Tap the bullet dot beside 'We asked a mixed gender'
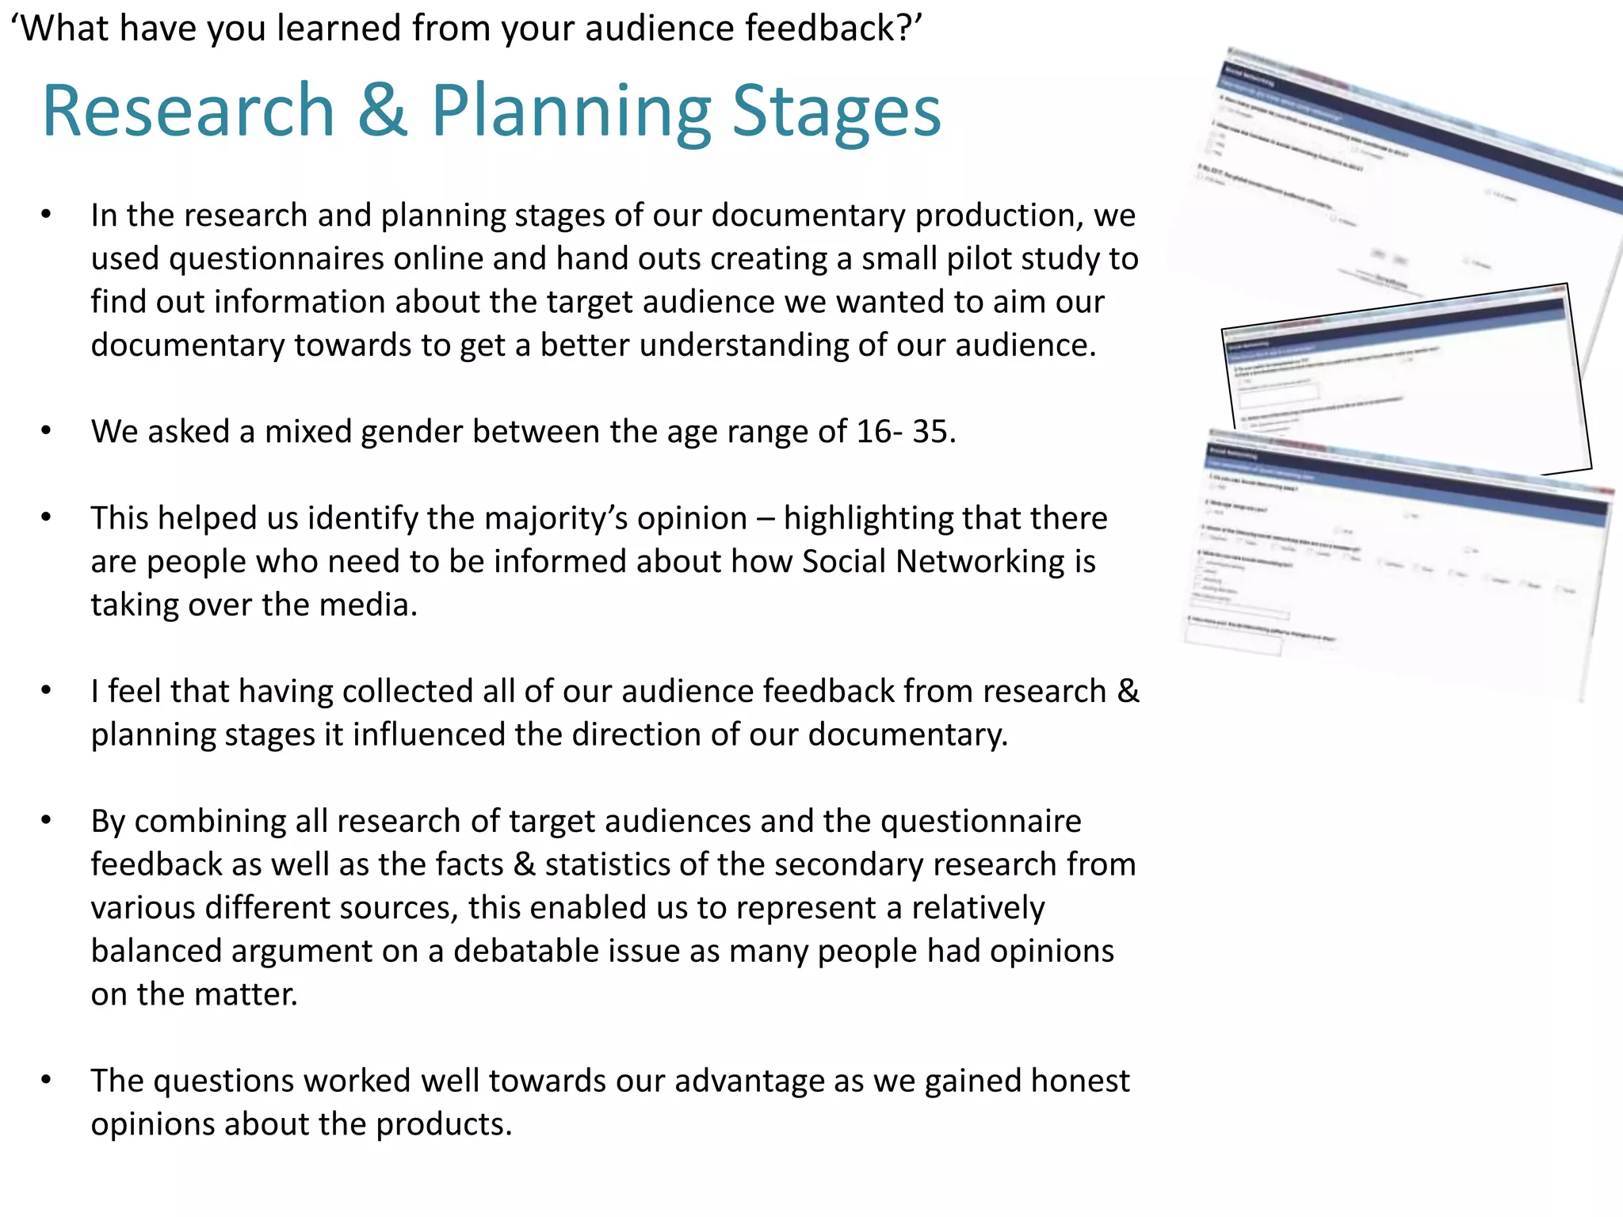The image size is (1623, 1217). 47,431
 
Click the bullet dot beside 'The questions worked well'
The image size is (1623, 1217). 47,1080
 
